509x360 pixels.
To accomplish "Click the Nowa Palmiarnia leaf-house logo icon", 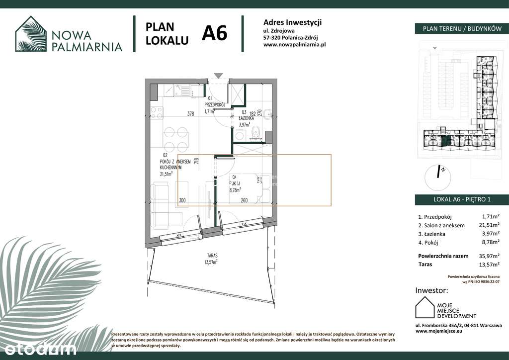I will click(x=31, y=34).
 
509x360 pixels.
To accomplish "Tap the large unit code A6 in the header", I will click(x=214, y=33).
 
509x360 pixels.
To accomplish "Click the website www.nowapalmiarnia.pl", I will click(x=294, y=44).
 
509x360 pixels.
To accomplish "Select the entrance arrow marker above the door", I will click(x=218, y=76).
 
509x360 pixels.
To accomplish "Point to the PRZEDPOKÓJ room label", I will click(x=215, y=105).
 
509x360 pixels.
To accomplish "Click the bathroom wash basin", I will click(x=267, y=114).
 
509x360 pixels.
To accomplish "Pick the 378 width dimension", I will click(x=190, y=114).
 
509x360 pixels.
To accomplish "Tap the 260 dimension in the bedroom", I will click(x=244, y=200).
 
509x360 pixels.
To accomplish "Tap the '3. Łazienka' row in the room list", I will click(x=431, y=234).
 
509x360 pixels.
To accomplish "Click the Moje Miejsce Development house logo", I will click(x=425, y=307).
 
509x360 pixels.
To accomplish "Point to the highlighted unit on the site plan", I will click(x=445, y=141).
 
